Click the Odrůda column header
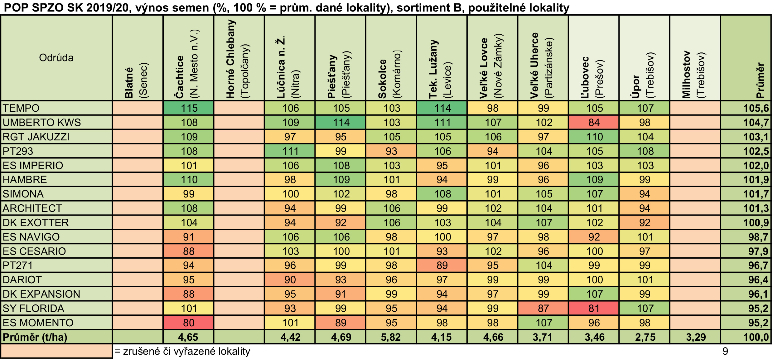tap(56, 58)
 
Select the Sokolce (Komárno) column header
tap(391, 58)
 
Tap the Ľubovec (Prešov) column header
tap(594, 58)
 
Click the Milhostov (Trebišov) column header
tap(695, 58)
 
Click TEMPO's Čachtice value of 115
tap(188, 108)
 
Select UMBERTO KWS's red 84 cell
tap(594, 122)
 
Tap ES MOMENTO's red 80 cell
tap(188, 323)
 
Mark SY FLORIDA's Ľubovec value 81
tap(594, 308)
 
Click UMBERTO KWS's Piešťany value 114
tap(341, 122)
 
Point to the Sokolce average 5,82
tap(391, 337)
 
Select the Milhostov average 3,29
tap(695, 337)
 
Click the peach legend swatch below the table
tap(56, 351)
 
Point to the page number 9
tap(725, 351)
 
